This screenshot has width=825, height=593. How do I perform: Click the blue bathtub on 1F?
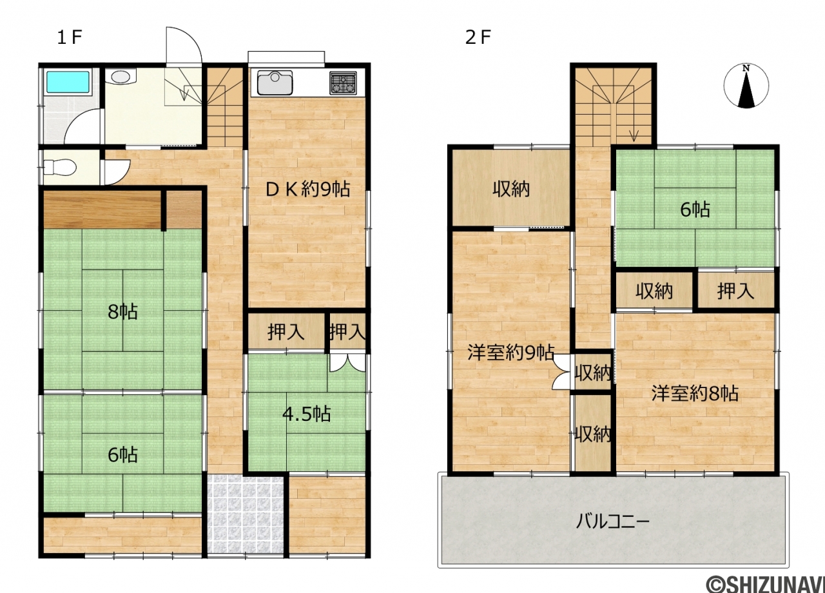tap(68, 82)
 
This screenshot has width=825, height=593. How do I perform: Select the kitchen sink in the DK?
tap(275, 83)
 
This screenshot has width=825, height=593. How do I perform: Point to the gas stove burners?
tap(344, 83)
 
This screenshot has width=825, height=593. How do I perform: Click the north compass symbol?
tap(746, 86)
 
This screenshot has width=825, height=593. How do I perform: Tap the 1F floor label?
tap(70, 37)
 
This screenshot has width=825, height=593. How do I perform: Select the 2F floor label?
tap(478, 37)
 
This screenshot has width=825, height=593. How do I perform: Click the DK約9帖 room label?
tap(307, 190)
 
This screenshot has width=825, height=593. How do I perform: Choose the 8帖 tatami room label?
tap(122, 312)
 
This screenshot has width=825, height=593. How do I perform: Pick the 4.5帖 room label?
tap(306, 414)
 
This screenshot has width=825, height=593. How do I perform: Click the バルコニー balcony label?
tap(612, 521)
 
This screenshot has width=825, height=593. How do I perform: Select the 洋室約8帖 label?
tap(695, 393)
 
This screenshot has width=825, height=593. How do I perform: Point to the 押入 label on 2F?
tap(735, 291)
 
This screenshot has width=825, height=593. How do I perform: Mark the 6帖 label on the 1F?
tap(122, 455)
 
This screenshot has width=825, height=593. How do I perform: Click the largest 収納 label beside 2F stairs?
tap(511, 190)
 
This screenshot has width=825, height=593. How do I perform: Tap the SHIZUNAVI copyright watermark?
tap(765, 583)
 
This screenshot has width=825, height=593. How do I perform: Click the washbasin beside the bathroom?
tap(121, 77)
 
